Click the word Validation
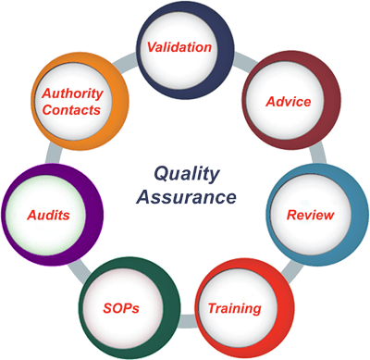point(179,47)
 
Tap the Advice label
point(289,102)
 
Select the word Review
point(311,215)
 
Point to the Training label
point(235,308)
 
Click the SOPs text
point(121,308)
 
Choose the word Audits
point(48,215)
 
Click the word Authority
point(72,93)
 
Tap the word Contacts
point(71,110)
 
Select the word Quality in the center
point(187,175)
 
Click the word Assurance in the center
point(187,197)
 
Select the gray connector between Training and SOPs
point(187,321)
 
